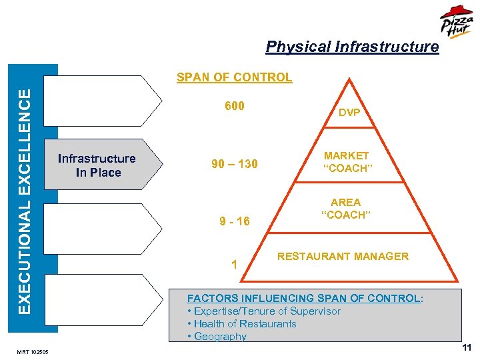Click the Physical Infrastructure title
(352, 47)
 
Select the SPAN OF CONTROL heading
(234, 77)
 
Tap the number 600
(234, 107)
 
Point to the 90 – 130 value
(234, 164)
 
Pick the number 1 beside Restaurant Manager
(234, 265)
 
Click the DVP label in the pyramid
(349, 113)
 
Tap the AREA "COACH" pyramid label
(345, 208)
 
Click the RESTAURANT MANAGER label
(343, 256)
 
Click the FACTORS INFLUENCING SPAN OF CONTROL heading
(304, 298)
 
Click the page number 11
(466, 347)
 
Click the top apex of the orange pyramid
(349, 79)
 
